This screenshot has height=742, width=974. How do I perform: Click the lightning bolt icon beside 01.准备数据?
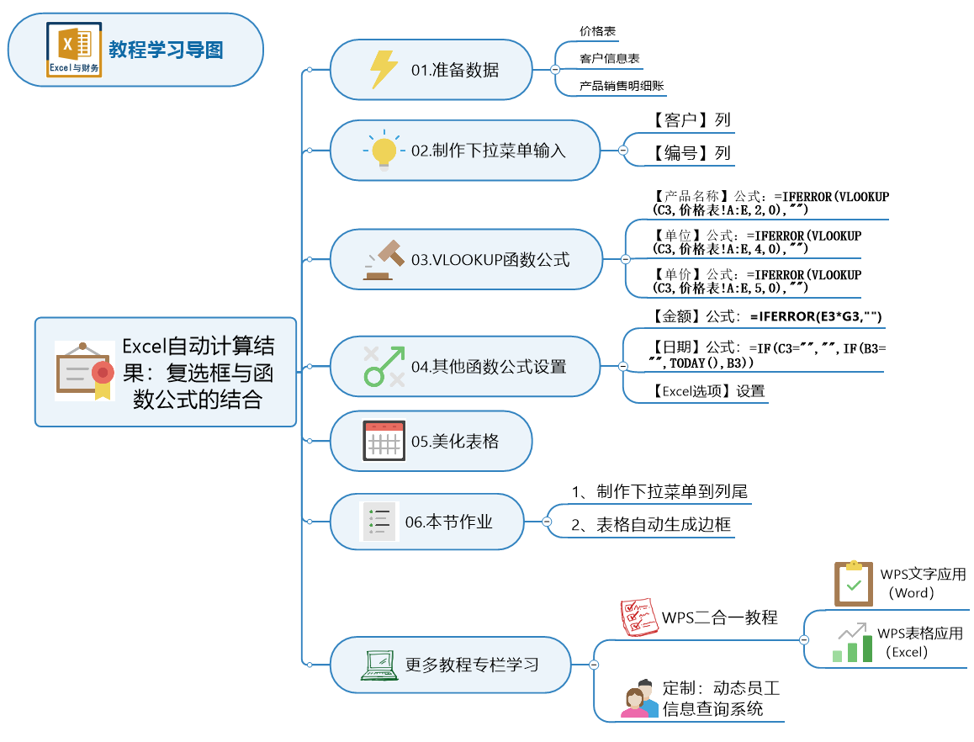tap(384, 70)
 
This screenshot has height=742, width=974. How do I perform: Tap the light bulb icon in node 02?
tap(384, 151)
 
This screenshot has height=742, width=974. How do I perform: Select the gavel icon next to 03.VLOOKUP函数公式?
tap(384, 259)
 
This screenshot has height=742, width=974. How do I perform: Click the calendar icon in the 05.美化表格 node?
tap(384, 441)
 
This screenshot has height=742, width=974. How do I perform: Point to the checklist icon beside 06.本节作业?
tap(379, 522)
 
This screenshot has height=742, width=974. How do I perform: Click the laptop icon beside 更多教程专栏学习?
tap(378, 665)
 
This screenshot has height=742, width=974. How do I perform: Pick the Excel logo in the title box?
tap(74, 50)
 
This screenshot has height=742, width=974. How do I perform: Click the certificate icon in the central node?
tap(84, 370)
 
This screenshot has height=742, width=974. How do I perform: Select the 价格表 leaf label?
tap(598, 31)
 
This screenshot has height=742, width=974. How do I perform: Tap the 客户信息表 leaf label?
tap(609, 59)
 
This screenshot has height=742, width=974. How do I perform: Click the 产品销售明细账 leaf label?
tap(622, 86)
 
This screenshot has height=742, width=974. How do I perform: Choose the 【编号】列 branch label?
tap(691, 153)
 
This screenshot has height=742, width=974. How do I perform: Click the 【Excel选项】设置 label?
tap(708, 390)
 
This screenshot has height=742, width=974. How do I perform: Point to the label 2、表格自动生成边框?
tap(651, 525)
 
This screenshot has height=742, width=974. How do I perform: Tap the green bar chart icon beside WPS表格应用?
tap(851, 643)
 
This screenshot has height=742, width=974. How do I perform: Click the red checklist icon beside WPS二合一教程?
tap(638, 617)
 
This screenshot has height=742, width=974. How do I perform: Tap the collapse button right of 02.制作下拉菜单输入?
tap(623, 150)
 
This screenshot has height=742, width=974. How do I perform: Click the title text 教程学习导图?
tap(166, 50)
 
